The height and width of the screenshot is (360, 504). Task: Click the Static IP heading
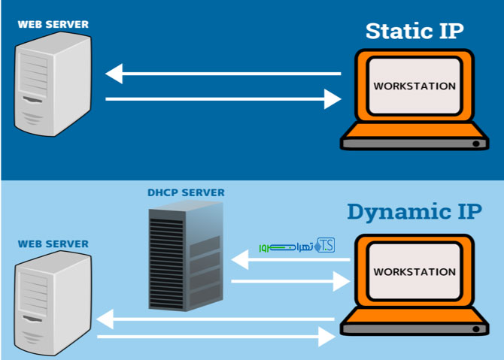pos(414,32)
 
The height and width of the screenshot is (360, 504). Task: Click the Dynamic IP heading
pos(414,212)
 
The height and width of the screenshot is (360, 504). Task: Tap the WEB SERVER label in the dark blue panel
pos(53,24)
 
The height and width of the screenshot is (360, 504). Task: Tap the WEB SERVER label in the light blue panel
pos(53,244)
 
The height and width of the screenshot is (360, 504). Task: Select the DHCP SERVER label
pos(185,193)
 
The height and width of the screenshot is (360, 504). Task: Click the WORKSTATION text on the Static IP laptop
pos(414,86)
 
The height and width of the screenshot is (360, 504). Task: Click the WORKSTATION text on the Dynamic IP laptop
pos(414,271)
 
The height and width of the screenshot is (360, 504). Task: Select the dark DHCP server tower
pos(185,256)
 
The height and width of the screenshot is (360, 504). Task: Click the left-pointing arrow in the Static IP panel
pos(223,74)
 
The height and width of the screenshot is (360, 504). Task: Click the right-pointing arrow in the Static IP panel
pos(223,98)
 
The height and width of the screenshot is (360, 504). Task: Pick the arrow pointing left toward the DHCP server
pos(290,260)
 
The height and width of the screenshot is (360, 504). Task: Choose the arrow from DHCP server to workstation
pos(290,282)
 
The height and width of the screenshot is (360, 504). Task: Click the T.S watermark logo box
pos(326,244)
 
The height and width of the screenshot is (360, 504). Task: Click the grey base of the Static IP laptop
pos(414,141)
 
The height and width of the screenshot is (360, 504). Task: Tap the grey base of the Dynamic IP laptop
pos(414,327)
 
